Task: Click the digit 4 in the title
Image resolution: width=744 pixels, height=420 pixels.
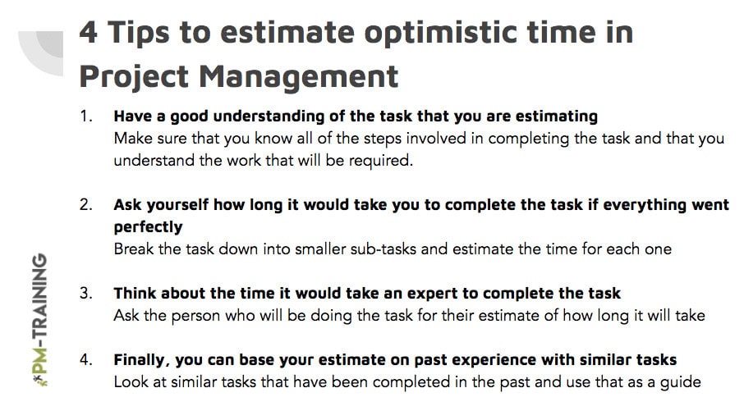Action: pos(88,33)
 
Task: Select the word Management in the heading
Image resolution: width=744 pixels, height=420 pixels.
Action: pos(298,77)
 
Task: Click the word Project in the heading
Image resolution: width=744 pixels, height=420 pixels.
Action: pos(135,77)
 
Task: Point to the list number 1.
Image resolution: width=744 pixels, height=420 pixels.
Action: pos(85,116)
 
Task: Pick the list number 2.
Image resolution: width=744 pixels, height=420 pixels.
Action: pos(86,205)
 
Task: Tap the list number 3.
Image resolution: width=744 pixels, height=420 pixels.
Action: pos(86,294)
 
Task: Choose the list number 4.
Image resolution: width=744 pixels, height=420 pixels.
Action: pos(86,360)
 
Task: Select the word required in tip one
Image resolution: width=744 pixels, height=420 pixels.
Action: pos(380,161)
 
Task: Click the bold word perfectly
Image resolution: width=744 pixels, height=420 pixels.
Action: pos(148,227)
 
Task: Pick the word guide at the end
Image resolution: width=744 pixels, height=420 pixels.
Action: pos(681,382)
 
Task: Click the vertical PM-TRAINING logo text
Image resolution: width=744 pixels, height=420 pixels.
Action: pos(41,313)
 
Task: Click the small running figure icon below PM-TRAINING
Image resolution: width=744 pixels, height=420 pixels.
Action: pos(41,380)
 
